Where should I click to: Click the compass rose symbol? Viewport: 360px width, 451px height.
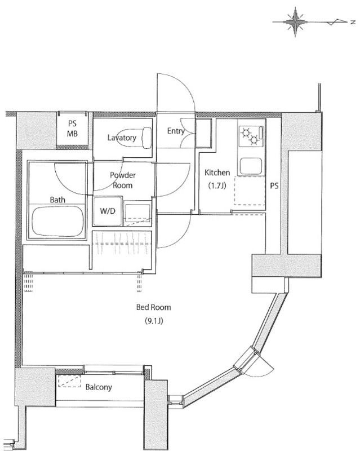pyautogui.click(x=295, y=22)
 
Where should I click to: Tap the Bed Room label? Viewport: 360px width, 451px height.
pyautogui.click(x=154, y=307)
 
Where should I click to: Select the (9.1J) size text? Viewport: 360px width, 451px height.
pyautogui.click(x=154, y=321)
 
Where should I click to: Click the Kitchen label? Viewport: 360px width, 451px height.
pyautogui.click(x=217, y=173)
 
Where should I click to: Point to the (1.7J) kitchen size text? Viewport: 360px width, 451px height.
pyautogui.click(x=217, y=185)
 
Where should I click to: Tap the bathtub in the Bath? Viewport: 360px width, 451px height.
pyautogui.click(x=58, y=221)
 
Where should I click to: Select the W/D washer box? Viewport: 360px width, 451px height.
pyautogui.click(x=108, y=211)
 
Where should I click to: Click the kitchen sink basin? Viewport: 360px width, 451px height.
pyautogui.click(x=250, y=166)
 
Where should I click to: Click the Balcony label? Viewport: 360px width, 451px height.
pyautogui.click(x=99, y=387)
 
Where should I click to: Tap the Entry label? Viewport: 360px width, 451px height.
pyautogui.click(x=176, y=131)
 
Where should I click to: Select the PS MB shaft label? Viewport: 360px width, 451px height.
pyautogui.click(x=73, y=129)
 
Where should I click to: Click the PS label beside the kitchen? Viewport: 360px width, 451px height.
pyautogui.click(x=274, y=186)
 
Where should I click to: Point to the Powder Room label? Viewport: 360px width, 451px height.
pyautogui.click(x=123, y=180)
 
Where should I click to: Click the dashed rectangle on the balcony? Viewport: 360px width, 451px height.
pyautogui.click(x=70, y=381)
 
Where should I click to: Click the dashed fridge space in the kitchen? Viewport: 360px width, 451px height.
pyautogui.click(x=250, y=191)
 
